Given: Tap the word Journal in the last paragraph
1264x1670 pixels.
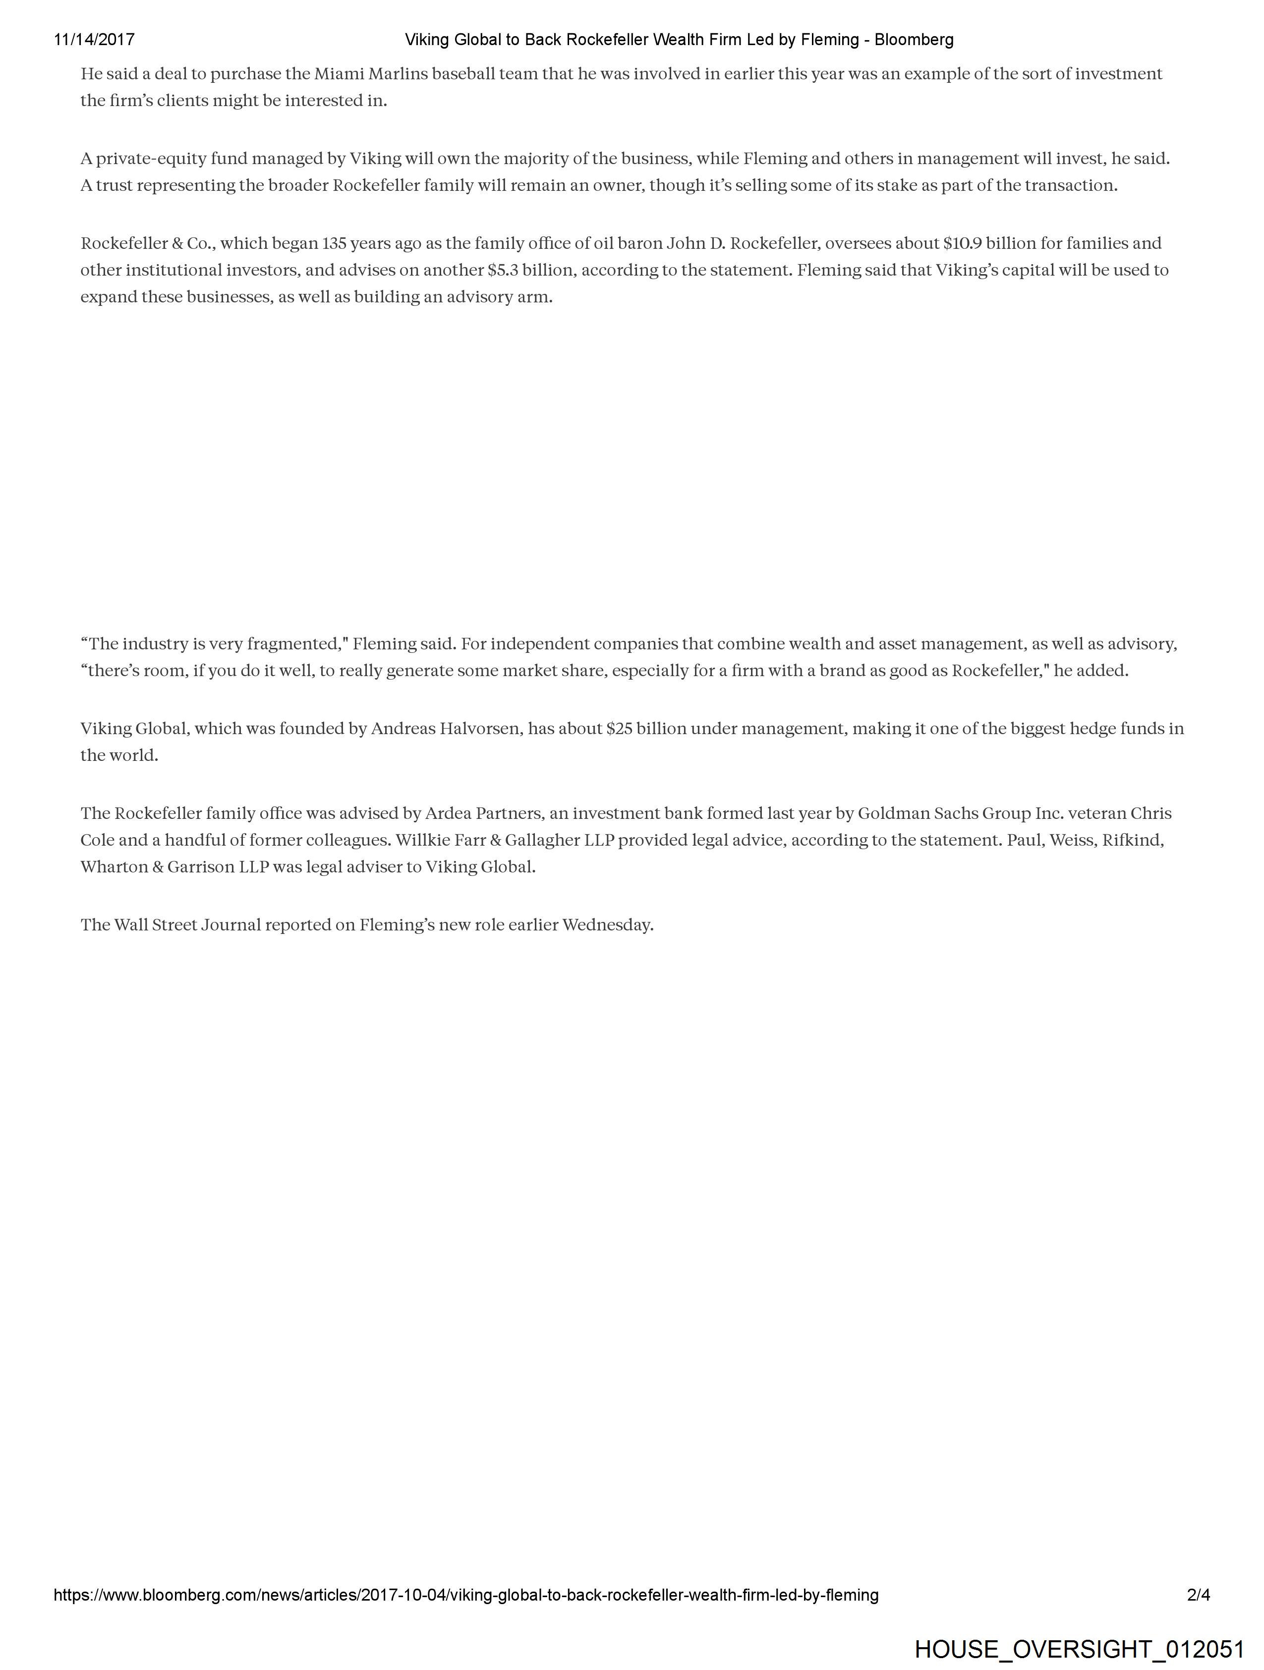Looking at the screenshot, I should point(230,925).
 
